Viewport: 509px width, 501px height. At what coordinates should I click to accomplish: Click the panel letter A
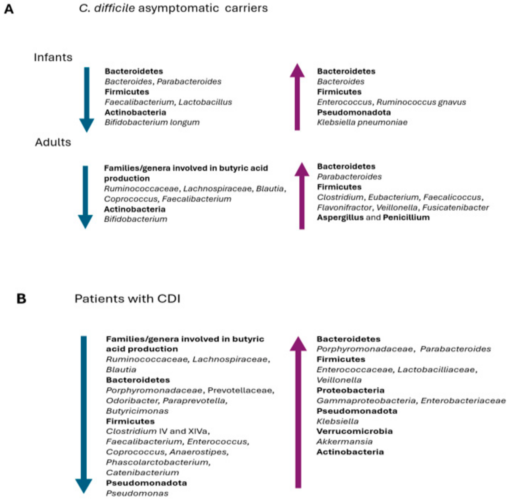pyautogui.click(x=9, y=9)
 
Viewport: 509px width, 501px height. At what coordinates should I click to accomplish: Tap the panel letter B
pyautogui.click(x=21, y=299)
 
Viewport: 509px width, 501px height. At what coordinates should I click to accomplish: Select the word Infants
pyautogui.click(x=53, y=57)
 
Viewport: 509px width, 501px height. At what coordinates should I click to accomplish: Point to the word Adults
pyautogui.click(x=53, y=142)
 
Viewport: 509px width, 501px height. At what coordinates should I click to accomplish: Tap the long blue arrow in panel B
pyautogui.click(x=84, y=413)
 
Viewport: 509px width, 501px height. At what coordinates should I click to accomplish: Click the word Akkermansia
pyautogui.click(x=344, y=442)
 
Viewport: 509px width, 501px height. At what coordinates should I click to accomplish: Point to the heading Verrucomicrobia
pyautogui.click(x=354, y=431)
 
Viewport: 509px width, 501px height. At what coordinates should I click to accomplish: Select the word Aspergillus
pyautogui.click(x=340, y=218)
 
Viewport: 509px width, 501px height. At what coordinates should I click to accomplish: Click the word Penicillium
pyautogui.click(x=406, y=218)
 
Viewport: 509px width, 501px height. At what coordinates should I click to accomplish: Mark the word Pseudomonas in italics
pyautogui.click(x=137, y=493)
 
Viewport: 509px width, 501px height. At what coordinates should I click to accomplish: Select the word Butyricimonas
pyautogui.click(x=137, y=411)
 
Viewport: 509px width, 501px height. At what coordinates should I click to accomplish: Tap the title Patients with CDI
pyautogui.click(x=127, y=299)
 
